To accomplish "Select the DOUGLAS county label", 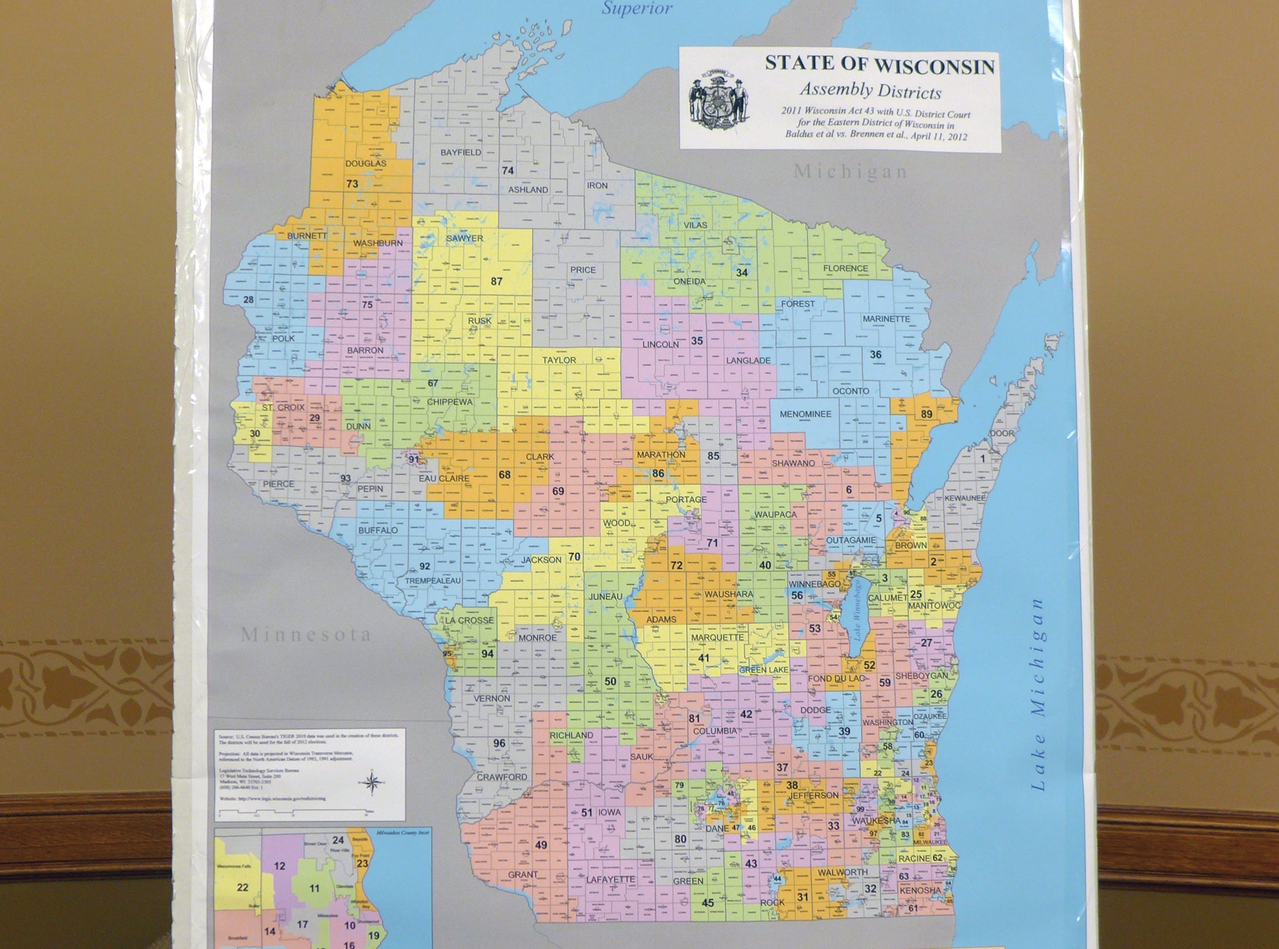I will point(366,163).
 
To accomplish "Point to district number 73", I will point(352,184).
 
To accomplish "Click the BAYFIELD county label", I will point(460,152).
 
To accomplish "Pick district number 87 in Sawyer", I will point(497,281).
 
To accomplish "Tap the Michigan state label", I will point(851,171).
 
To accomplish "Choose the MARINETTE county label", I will point(886,319).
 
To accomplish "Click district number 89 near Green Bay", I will point(926,414).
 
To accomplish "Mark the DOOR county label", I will point(1001,433).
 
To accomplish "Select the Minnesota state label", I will point(305,634).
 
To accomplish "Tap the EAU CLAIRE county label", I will point(444,478).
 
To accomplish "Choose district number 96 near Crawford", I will point(499,743).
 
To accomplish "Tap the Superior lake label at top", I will point(637,8).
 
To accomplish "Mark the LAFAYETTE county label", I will point(610,879).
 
